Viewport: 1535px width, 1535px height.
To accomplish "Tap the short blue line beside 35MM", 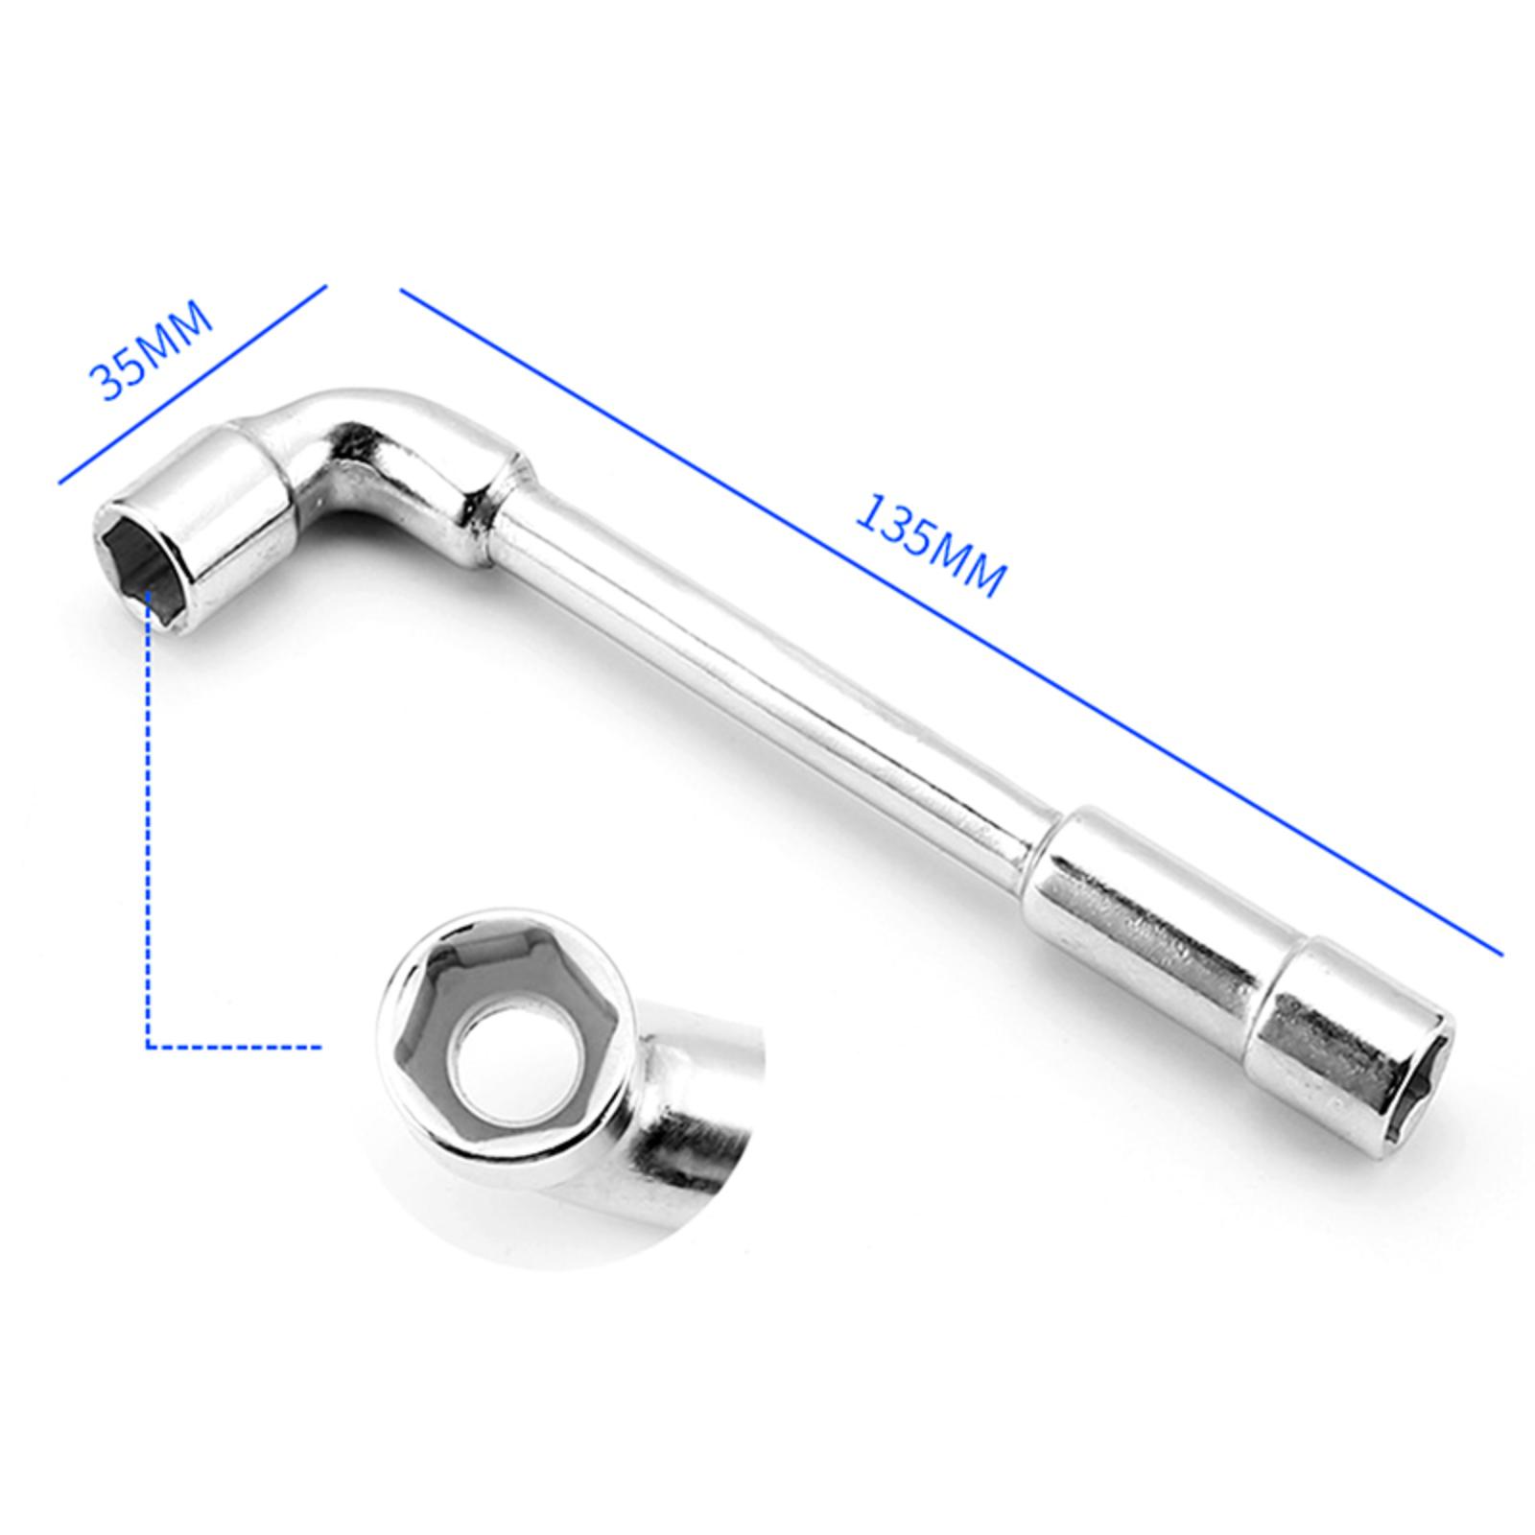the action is click(x=193, y=383).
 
